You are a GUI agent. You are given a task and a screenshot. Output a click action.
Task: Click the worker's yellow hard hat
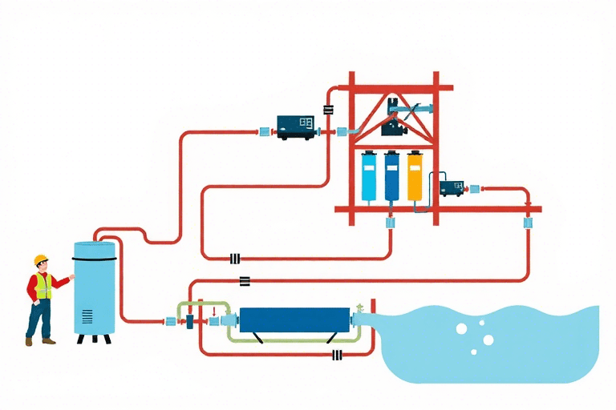tap(41, 259)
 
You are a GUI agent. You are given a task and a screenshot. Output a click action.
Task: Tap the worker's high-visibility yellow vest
tap(43, 286)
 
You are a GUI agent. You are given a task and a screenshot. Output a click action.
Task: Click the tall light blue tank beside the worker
tap(95, 288)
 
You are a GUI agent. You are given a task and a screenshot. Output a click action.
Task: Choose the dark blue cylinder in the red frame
tap(392, 176)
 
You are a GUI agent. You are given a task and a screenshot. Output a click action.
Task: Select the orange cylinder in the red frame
tap(414, 176)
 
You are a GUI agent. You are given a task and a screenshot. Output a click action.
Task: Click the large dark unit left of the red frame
tap(296, 126)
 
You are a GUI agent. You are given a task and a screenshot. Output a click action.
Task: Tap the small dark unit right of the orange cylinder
tap(452, 188)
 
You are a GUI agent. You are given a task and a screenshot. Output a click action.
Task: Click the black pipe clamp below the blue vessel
tap(337, 355)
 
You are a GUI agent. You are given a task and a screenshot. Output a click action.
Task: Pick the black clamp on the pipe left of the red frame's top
tap(328, 110)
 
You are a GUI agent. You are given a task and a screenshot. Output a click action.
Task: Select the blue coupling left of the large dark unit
tap(264, 128)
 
